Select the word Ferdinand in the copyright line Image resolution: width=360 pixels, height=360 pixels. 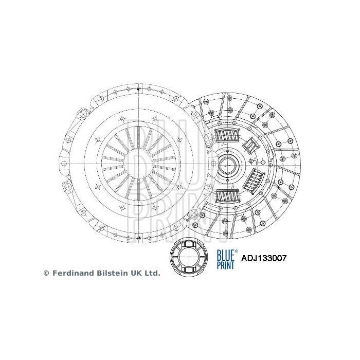71,274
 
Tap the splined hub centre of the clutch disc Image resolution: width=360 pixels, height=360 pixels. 228,166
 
